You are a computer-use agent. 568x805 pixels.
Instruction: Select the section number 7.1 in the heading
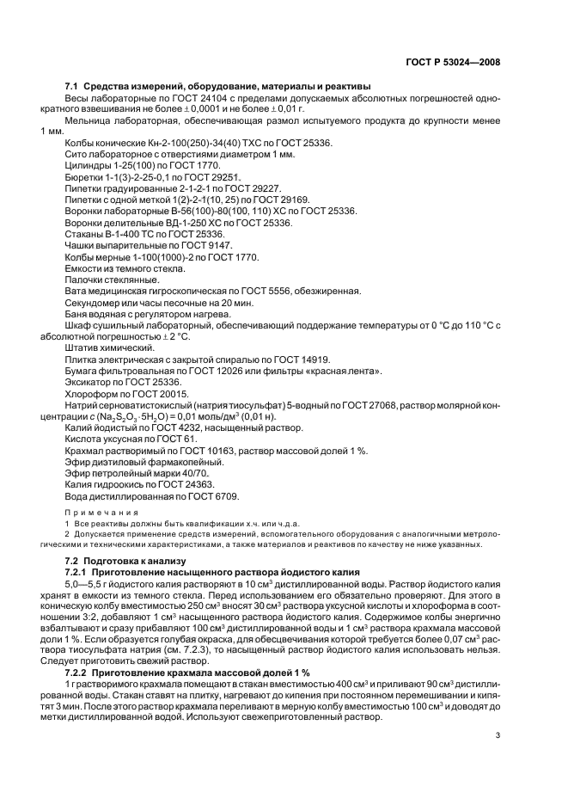[74, 86]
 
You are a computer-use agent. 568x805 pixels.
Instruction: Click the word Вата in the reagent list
[76, 288]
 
